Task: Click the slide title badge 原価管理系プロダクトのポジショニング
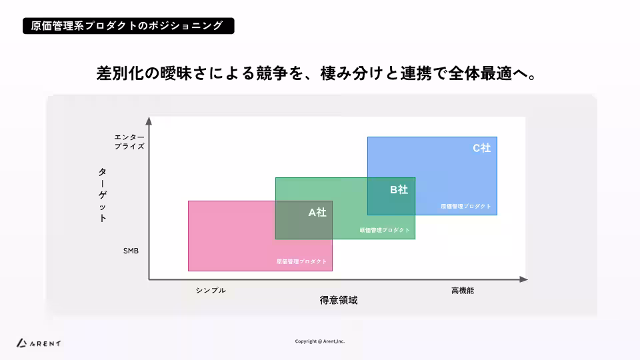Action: tap(128, 26)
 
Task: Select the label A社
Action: tap(317, 213)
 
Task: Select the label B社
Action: tap(399, 189)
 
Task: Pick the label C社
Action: tap(481, 148)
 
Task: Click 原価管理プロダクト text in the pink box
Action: tap(302, 261)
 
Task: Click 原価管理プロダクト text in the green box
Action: tap(385, 230)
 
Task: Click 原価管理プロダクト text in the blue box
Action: tap(466, 207)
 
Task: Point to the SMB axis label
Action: tap(131, 251)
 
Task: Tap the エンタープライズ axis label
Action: tap(129, 141)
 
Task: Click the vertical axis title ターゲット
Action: tap(102, 195)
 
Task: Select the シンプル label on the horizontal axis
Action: tap(211, 291)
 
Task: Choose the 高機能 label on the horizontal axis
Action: tap(463, 291)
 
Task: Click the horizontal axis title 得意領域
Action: tap(339, 301)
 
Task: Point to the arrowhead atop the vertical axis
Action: tap(149, 121)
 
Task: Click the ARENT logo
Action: tap(39, 343)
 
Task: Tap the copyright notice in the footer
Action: tap(320, 341)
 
